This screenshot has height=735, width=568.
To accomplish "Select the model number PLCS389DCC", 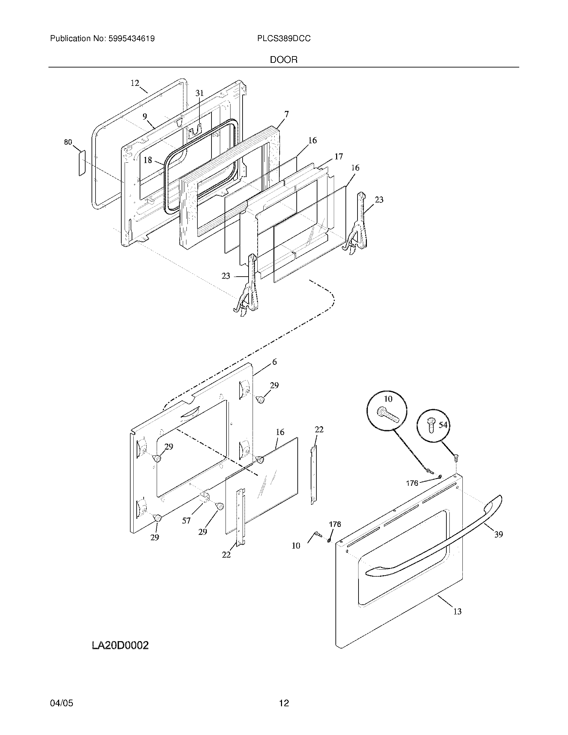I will coord(284,39).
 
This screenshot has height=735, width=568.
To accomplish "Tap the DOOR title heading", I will coord(284,60).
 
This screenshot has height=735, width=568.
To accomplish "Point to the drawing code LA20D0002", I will coord(120,645).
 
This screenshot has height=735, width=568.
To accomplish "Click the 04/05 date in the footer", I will coord(61,703).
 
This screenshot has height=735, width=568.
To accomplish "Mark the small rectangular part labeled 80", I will coord(82,163).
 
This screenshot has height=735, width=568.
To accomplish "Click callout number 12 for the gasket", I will coord(135,83).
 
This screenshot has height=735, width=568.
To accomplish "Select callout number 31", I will coord(199,93).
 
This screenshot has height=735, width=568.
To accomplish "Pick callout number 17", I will coord(338,156).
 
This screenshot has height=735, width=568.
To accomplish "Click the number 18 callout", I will coord(148,160).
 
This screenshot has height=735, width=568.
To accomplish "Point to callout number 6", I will coord(275,362).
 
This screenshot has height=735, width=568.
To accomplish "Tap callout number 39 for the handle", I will coord(499,534).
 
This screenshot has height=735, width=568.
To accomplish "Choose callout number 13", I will coord(457,611).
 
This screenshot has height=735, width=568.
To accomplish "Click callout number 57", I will coord(186,521).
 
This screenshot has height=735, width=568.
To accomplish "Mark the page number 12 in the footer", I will coord(284,703).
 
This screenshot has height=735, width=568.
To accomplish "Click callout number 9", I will coord(145,117).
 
